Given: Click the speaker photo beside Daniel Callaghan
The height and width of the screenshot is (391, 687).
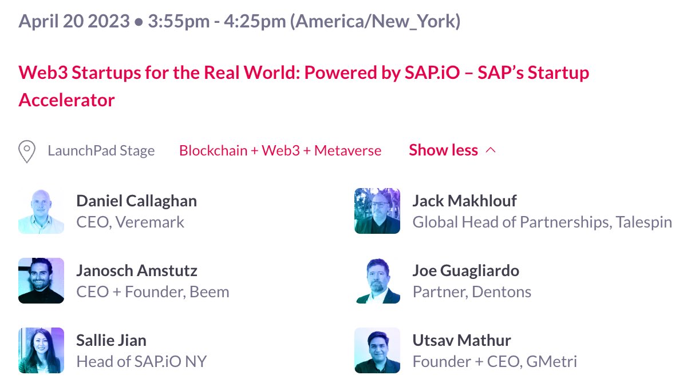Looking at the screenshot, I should point(41,211).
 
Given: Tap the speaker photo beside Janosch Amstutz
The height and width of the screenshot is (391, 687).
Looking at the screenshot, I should point(41,281).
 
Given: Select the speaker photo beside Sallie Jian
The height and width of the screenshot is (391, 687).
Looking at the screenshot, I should point(41,350).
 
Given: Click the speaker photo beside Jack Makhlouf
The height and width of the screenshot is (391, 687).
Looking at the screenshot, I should point(377,211).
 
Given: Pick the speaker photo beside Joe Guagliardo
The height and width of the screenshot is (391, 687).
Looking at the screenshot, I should point(377,281).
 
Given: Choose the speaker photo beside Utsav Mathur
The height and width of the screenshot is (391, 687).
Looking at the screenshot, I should point(377,350).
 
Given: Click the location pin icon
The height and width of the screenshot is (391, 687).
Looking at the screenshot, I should point(27,151).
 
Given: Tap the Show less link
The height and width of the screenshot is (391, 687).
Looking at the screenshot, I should point(443,150).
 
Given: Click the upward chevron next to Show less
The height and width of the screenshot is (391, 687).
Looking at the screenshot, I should point(491,150).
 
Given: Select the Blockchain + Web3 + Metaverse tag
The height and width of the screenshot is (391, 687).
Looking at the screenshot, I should point(280,151).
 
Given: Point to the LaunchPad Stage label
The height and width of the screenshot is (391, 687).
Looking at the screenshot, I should point(101,151).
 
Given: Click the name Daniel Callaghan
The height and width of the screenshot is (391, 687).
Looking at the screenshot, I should point(136,201).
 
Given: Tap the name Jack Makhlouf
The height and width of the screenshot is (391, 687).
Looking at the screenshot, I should point(464,201).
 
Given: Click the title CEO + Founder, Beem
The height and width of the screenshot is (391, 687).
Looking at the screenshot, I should point(153,292).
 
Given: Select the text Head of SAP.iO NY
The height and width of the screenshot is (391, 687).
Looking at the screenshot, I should point(141,362).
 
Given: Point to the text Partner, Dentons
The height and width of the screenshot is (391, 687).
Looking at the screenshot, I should point(472,292).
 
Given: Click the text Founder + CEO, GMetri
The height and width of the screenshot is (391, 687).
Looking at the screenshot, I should point(495,362).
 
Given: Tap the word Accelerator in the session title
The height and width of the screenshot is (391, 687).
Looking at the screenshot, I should point(67,100).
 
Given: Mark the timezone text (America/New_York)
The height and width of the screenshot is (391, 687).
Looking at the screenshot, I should point(375,22).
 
